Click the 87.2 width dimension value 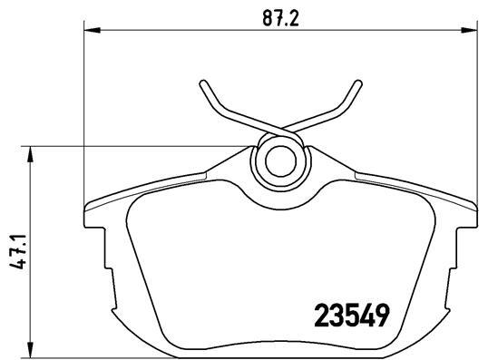279,17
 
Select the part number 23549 353,316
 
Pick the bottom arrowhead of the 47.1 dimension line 32,354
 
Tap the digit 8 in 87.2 264,17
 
